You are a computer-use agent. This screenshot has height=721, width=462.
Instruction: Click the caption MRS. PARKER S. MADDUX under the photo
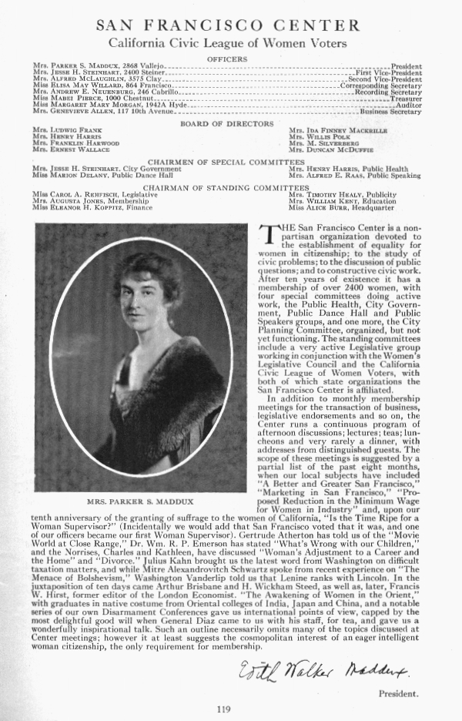pyautogui.click(x=129, y=501)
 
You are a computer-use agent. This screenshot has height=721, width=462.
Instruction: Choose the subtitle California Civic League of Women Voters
pyautogui.click(x=227, y=44)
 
